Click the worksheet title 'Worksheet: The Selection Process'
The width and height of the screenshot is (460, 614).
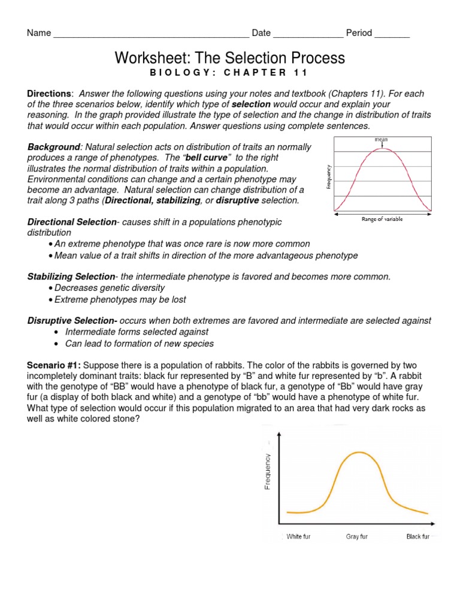tap(229, 58)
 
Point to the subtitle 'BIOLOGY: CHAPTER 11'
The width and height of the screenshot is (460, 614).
tap(229, 73)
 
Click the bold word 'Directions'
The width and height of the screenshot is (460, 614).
tap(50, 94)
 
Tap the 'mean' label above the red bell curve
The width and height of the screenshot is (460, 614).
tap(382, 140)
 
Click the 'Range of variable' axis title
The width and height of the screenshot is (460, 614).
tap(382, 219)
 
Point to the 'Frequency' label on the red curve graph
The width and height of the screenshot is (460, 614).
tap(329, 177)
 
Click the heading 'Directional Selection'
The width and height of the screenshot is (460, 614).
tap(72, 222)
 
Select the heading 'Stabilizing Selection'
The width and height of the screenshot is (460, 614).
tap(71, 276)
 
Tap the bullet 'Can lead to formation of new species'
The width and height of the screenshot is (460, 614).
tap(139, 344)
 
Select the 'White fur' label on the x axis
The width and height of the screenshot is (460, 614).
tap(298, 537)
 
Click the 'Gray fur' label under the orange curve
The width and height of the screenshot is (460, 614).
tap(357, 537)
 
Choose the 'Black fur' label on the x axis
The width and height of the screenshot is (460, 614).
tap(417, 537)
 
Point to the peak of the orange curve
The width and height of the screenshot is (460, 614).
tap(358, 452)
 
